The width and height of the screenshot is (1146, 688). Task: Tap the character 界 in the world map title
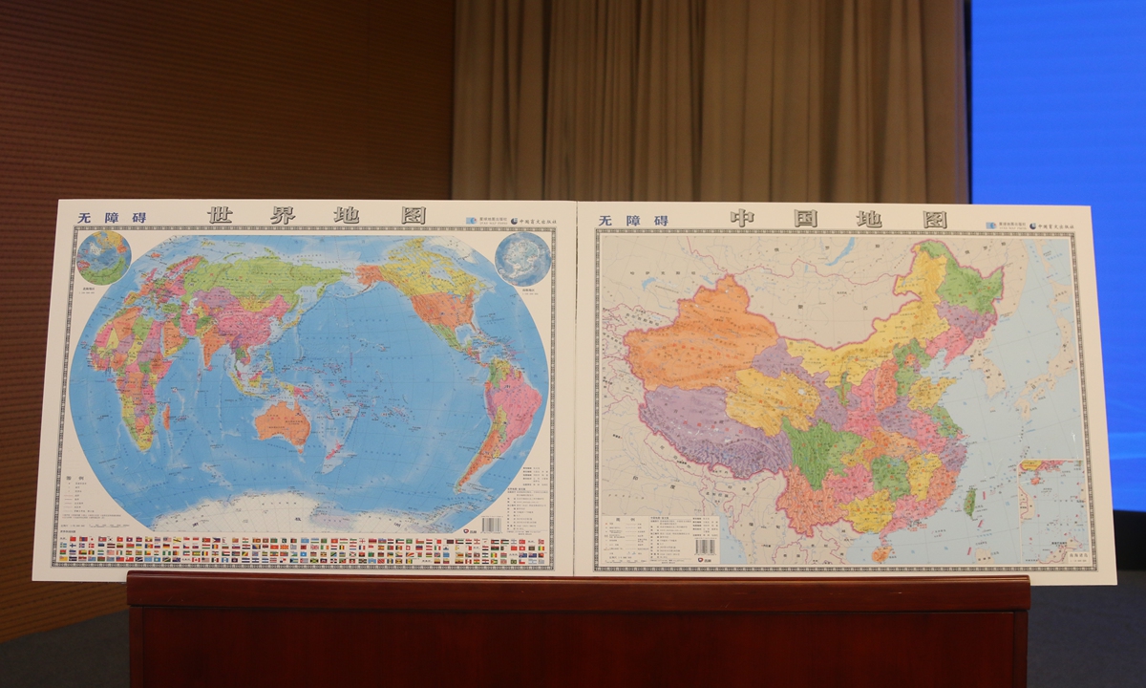click(x=285, y=215)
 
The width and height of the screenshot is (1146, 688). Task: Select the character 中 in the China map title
click(x=742, y=219)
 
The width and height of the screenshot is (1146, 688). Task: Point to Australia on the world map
click(x=283, y=423)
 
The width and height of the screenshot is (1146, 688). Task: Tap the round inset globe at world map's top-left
click(x=103, y=257)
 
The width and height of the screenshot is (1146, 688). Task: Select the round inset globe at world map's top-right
click(x=522, y=258)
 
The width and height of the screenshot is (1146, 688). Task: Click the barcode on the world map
click(x=491, y=525)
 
